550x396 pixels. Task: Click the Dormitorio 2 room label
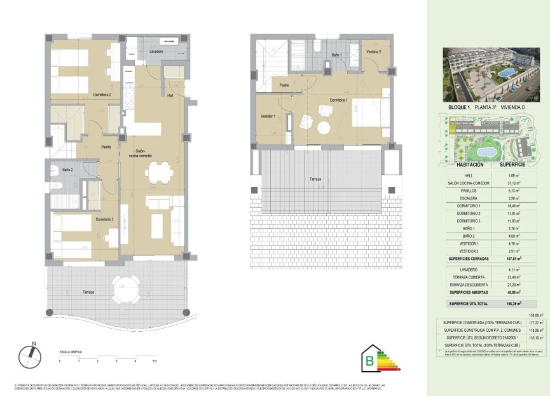[x=102, y=95]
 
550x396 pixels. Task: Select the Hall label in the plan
[x=170, y=97]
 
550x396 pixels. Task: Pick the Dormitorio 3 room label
[x=104, y=219]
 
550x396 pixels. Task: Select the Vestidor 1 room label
[x=268, y=116]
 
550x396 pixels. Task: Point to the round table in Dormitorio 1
[x=324, y=128]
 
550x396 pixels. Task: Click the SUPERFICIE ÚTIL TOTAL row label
[x=468, y=304]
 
